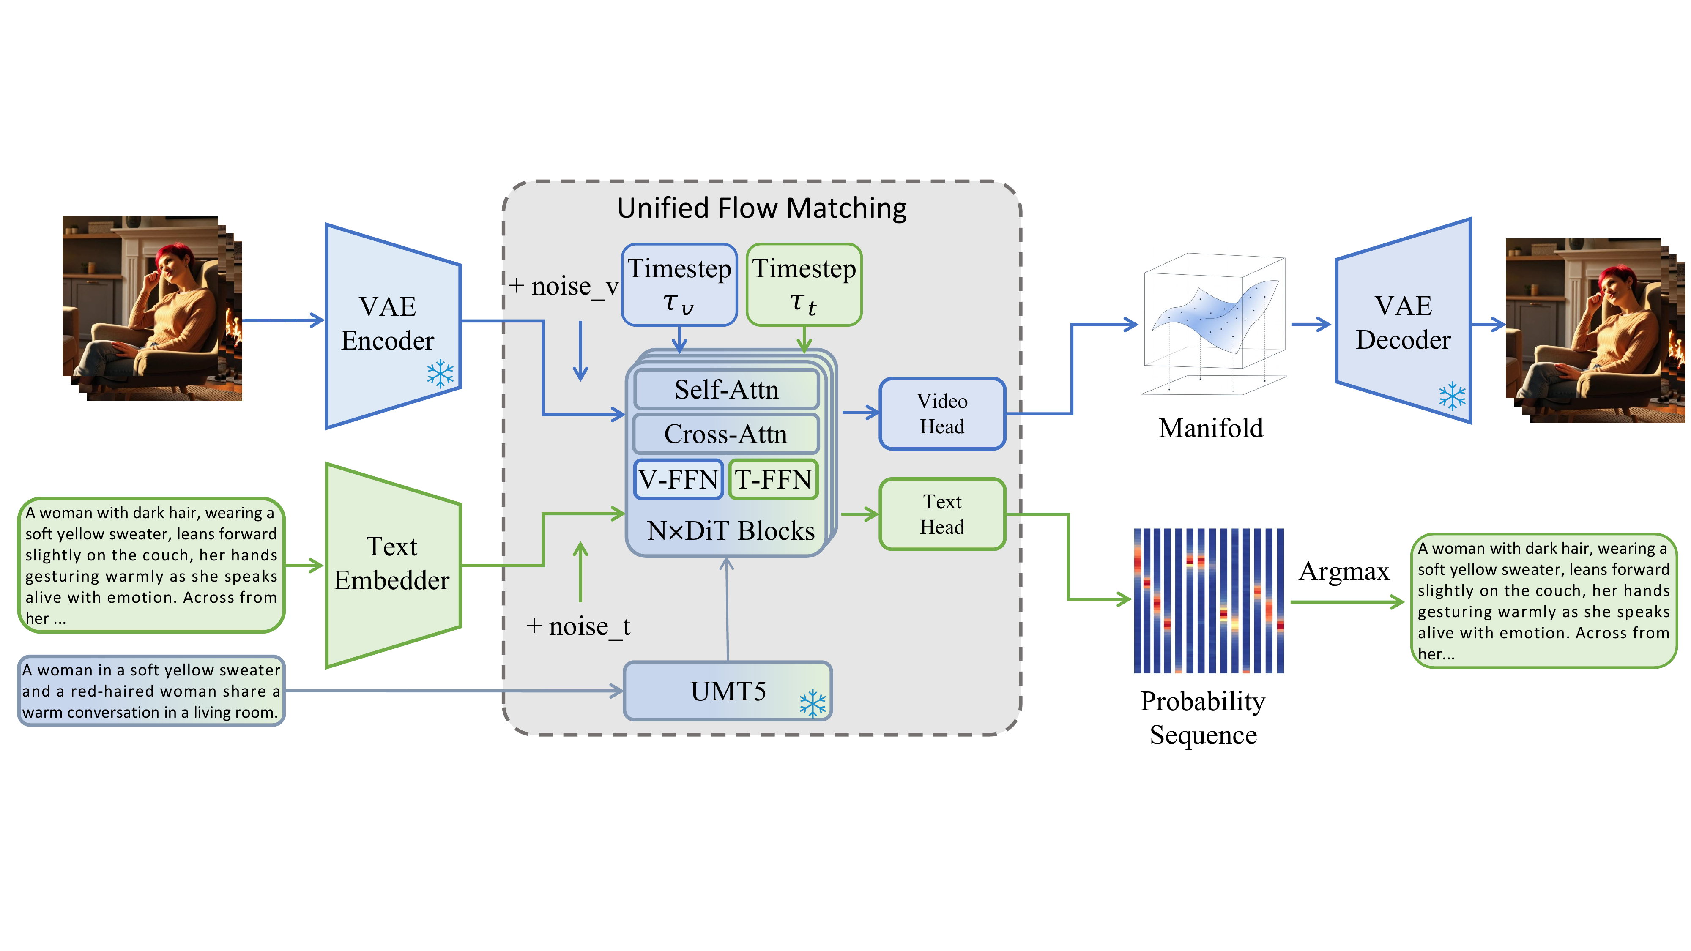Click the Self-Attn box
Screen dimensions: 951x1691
coord(726,390)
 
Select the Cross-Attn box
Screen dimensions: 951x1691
coord(725,434)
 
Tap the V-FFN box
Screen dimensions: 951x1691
coord(678,480)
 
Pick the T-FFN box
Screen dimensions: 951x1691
coord(773,480)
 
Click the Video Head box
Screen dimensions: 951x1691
coord(942,413)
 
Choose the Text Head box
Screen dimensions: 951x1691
coord(942,514)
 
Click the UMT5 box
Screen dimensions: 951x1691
coord(727,691)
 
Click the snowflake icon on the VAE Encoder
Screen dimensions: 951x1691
coord(440,374)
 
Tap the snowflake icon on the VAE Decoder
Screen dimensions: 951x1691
coord(1452,396)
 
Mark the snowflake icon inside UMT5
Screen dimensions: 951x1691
coord(813,704)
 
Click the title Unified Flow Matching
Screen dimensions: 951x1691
coord(761,208)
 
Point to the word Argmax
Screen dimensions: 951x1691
coord(1344,571)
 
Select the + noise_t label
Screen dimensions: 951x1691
coord(577,626)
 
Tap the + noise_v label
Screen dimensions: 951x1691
coord(563,286)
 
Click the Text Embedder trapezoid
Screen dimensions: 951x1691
coord(392,564)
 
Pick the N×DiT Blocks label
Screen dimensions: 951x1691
coord(731,530)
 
